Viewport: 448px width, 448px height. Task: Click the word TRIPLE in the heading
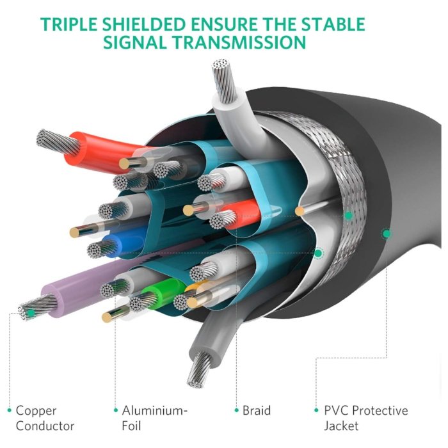coord(68,24)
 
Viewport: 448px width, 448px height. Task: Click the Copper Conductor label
coord(45,418)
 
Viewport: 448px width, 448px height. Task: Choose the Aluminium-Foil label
coord(155,418)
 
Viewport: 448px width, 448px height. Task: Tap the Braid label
coord(256,411)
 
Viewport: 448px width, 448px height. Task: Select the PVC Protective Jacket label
coord(366,418)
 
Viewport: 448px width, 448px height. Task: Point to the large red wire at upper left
coord(106,152)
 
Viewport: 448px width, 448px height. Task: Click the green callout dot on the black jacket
coord(387,234)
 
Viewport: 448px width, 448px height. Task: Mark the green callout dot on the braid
coord(348,216)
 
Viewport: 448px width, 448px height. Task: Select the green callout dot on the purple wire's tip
coord(31,313)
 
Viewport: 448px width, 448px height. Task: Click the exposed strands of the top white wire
coord(224,79)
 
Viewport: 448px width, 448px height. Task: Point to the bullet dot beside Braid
coord(237,410)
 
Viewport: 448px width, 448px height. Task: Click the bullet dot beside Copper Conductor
coord(10,410)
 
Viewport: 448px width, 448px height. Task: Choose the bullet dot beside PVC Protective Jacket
coord(316,410)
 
